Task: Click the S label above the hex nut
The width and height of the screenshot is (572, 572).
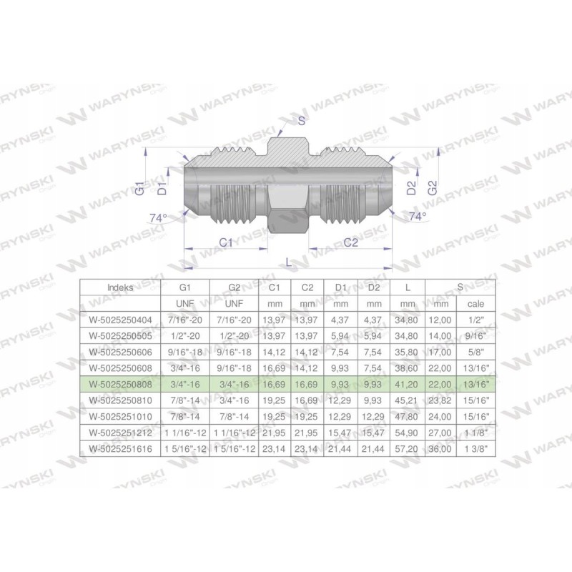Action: click(x=302, y=121)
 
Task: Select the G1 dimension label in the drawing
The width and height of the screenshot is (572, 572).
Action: click(x=141, y=189)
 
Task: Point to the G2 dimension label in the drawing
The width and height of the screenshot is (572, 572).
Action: click(x=432, y=189)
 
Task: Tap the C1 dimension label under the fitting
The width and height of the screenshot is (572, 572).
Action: click(x=226, y=242)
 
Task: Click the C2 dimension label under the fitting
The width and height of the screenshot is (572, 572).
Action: click(x=350, y=242)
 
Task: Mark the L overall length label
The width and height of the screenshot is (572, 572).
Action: click(x=289, y=262)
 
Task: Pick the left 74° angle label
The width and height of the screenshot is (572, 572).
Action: click(x=157, y=217)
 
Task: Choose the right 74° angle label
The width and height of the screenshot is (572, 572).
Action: click(x=417, y=215)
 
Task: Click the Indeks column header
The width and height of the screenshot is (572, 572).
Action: click(x=119, y=287)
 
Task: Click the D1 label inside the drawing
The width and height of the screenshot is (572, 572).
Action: click(x=162, y=189)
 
